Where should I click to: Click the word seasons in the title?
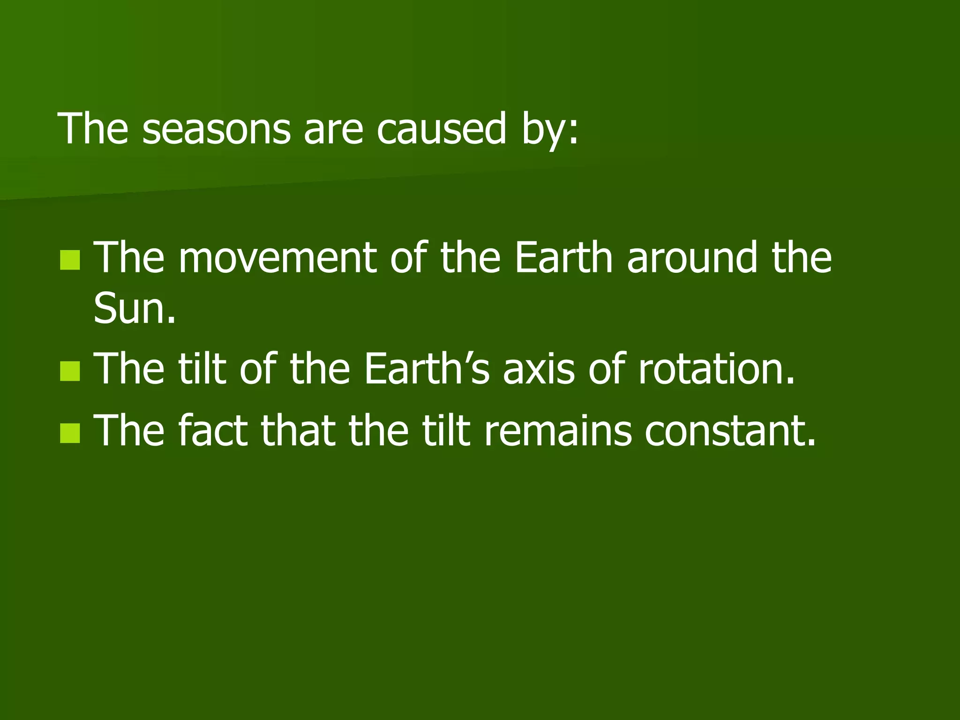tap(216, 129)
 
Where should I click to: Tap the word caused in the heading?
tap(441, 129)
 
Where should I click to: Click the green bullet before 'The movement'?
tap(70, 260)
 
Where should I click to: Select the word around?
tap(691, 257)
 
